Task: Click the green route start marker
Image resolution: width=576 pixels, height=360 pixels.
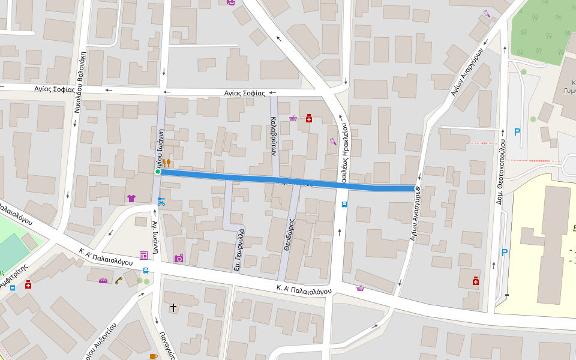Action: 158,172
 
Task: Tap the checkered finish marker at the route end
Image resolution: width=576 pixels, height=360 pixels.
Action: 416,189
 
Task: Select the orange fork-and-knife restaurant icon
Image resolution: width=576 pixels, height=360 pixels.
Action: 167,163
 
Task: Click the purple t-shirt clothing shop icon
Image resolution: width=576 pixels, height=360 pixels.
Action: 131,199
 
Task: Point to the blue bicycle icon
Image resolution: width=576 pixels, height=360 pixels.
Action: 161,202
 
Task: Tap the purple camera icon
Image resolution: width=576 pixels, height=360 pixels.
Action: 178,259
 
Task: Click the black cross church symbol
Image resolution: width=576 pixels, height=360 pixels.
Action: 173,308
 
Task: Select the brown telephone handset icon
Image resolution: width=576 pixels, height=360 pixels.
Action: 118,280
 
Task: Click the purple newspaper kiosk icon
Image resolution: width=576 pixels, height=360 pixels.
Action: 143,256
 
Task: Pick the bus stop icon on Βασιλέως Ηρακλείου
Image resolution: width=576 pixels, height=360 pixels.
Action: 344,205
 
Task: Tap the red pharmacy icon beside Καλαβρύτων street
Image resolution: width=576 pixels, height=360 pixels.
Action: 309,118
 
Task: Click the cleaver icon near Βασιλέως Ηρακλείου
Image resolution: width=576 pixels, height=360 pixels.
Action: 332,142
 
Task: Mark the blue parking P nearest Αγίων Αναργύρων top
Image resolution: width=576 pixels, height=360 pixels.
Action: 517,132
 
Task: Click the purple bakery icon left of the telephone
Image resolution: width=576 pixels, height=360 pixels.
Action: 103,280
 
